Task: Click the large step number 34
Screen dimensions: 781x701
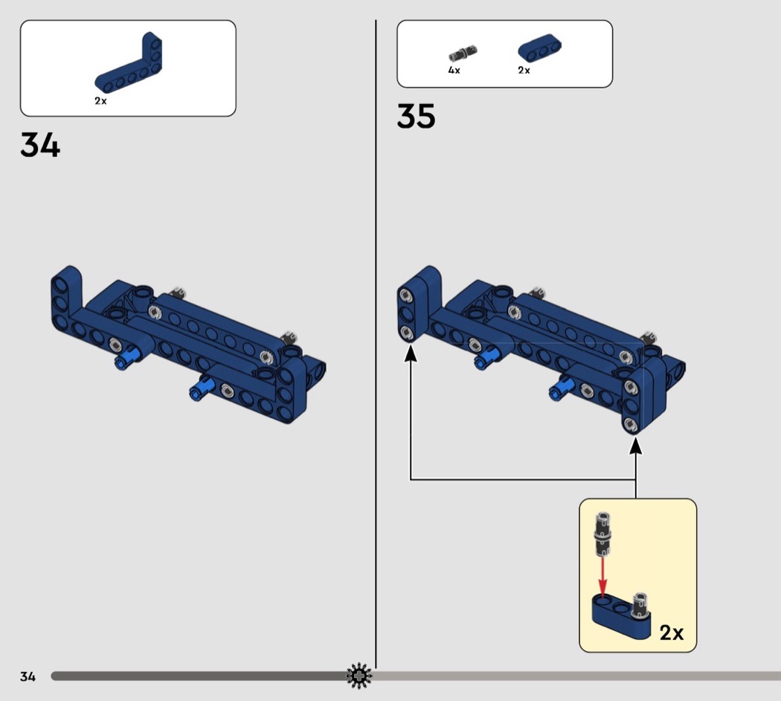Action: click(40, 145)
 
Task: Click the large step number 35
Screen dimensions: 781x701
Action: click(416, 116)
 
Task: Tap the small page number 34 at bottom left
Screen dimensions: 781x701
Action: click(28, 676)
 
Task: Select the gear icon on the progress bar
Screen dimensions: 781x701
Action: click(359, 676)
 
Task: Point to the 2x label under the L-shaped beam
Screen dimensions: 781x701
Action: click(100, 100)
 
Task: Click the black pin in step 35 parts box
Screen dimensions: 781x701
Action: click(463, 53)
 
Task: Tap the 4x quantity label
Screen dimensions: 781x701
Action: click(454, 70)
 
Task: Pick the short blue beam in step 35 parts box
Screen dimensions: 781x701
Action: click(539, 48)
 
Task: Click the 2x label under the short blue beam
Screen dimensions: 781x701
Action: click(524, 70)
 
